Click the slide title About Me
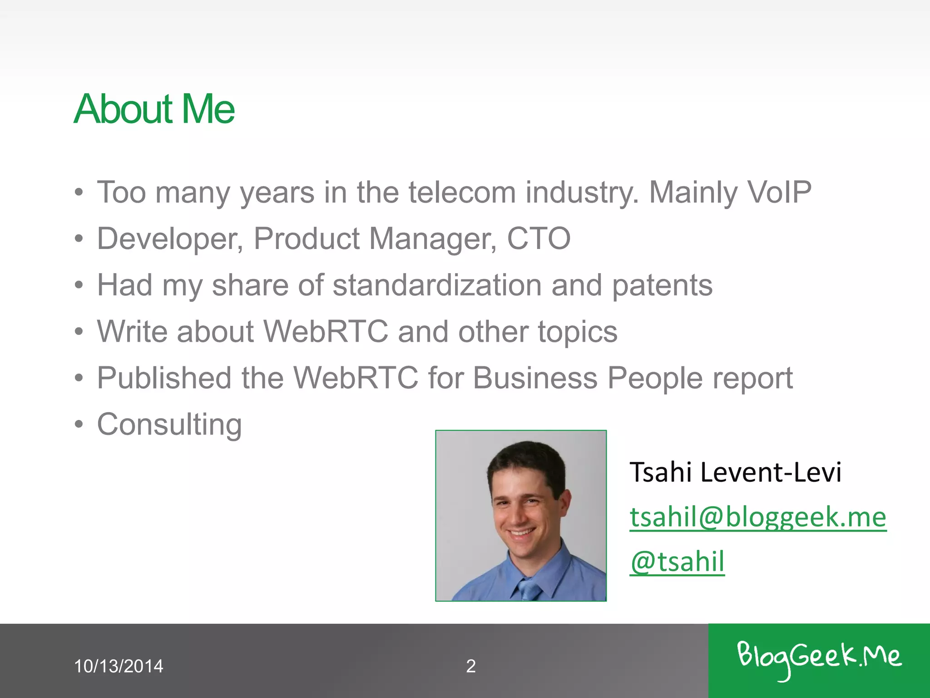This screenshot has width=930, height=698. click(154, 109)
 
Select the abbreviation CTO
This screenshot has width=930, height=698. click(539, 239)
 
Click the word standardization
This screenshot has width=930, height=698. click(437, 285)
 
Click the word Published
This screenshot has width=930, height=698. click(164, 378)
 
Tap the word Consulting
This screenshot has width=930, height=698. click(169, 425)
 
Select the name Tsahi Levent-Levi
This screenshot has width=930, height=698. click(735, 472)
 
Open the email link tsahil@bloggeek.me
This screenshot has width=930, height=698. click(758, 517)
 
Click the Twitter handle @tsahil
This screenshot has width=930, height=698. click(677, 562)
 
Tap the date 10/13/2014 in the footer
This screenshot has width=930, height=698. click(119, 666)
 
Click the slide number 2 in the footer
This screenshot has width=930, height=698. click(471, 666)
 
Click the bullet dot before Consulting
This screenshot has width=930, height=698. click(79, 424)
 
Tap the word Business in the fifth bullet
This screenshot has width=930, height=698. click(535, 378)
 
